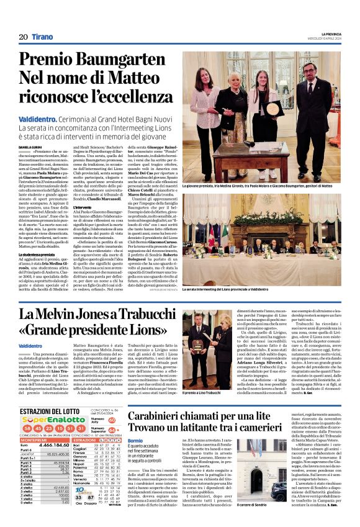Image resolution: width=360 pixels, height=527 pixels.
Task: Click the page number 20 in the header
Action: [x=23, y=37]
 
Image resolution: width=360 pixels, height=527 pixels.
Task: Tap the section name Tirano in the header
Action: [x=42, y=37]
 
